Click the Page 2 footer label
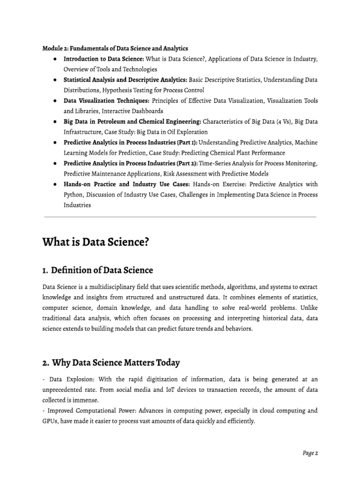(x=310, y=453)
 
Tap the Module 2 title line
(x=115, y=48)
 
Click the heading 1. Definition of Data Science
(x=97, y=270)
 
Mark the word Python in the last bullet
(x=74, y=195)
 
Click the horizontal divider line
(x=180, y=217)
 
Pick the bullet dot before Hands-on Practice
(x=55, y=184)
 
